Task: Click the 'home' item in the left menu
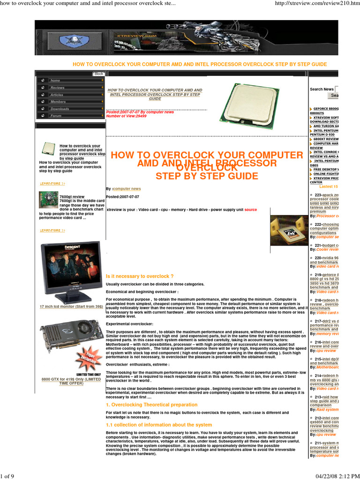55,81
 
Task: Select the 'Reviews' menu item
58,88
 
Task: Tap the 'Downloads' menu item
60,109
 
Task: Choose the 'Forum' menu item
56,116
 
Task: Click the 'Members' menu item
58,102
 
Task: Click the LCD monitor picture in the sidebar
70,271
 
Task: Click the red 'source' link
251,210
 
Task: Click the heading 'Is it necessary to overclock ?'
140,277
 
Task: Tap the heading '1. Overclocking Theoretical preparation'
148,404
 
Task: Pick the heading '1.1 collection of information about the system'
152,425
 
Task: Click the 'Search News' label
322,89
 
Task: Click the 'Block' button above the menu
98,74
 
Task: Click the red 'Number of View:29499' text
126,116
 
